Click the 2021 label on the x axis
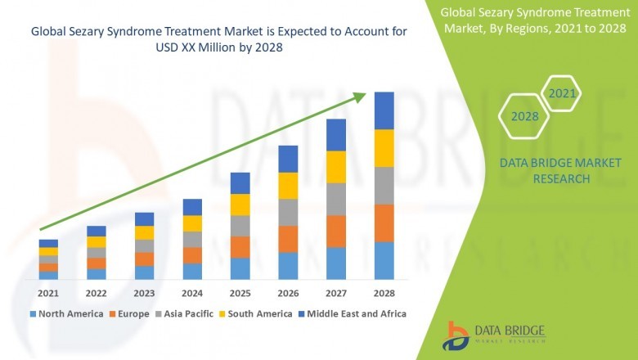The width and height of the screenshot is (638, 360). click(x=48, y=292)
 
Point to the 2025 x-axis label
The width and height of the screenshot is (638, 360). click(x=240, y=292)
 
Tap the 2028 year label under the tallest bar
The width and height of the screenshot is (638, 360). click(x=384, y=292)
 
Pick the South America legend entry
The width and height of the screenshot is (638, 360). click(x=260, y=313)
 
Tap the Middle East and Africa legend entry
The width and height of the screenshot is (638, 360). click(x=357, y=313)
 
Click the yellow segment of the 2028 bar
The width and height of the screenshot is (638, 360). click(x=384, y=148)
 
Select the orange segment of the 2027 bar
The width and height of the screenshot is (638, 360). click(x=336, y=231)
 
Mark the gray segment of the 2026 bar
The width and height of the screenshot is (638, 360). click(x=288, y=212)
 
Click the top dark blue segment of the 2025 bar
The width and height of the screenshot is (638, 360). click(x=240, y=182)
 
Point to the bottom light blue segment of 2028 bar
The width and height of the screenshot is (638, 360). click(x=384, y=260)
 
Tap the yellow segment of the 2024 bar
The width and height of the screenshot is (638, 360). click(x=192, y=223)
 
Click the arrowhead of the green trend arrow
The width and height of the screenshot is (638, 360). click(x=359, y=97)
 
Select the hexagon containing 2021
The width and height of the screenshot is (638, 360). click(x=563, y=94)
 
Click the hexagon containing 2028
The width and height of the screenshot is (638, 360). click(x=524, y=117)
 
